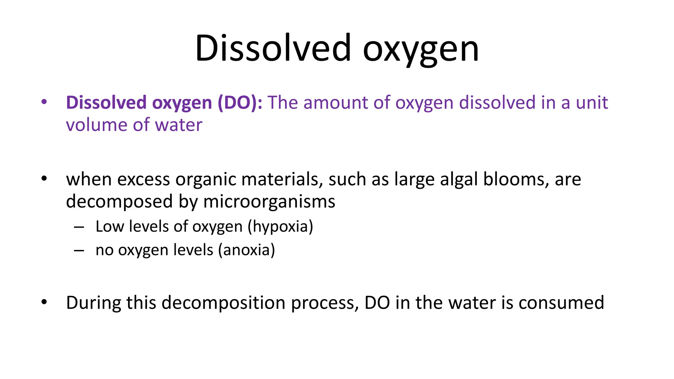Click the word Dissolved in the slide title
coord(273,48)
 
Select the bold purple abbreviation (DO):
coord(240,103)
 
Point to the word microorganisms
coord(269,201)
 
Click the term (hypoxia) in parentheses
coord(280,227)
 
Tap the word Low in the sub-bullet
coord(110,227)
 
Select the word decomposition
coord(223,303)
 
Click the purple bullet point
coord(44,102)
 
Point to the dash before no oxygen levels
coord(79,251)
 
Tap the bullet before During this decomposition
coord(44,302)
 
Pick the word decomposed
coord(119,201)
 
